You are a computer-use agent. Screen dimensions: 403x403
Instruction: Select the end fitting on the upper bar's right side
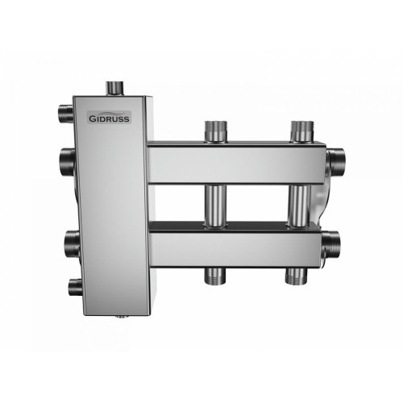pyautogui.click(x=335, y=161)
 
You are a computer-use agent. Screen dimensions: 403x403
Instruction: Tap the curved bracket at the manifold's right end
pyautogui.click(x=321, y=201)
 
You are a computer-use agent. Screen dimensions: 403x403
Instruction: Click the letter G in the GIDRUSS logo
pyautogui.click(x=92, y=118)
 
